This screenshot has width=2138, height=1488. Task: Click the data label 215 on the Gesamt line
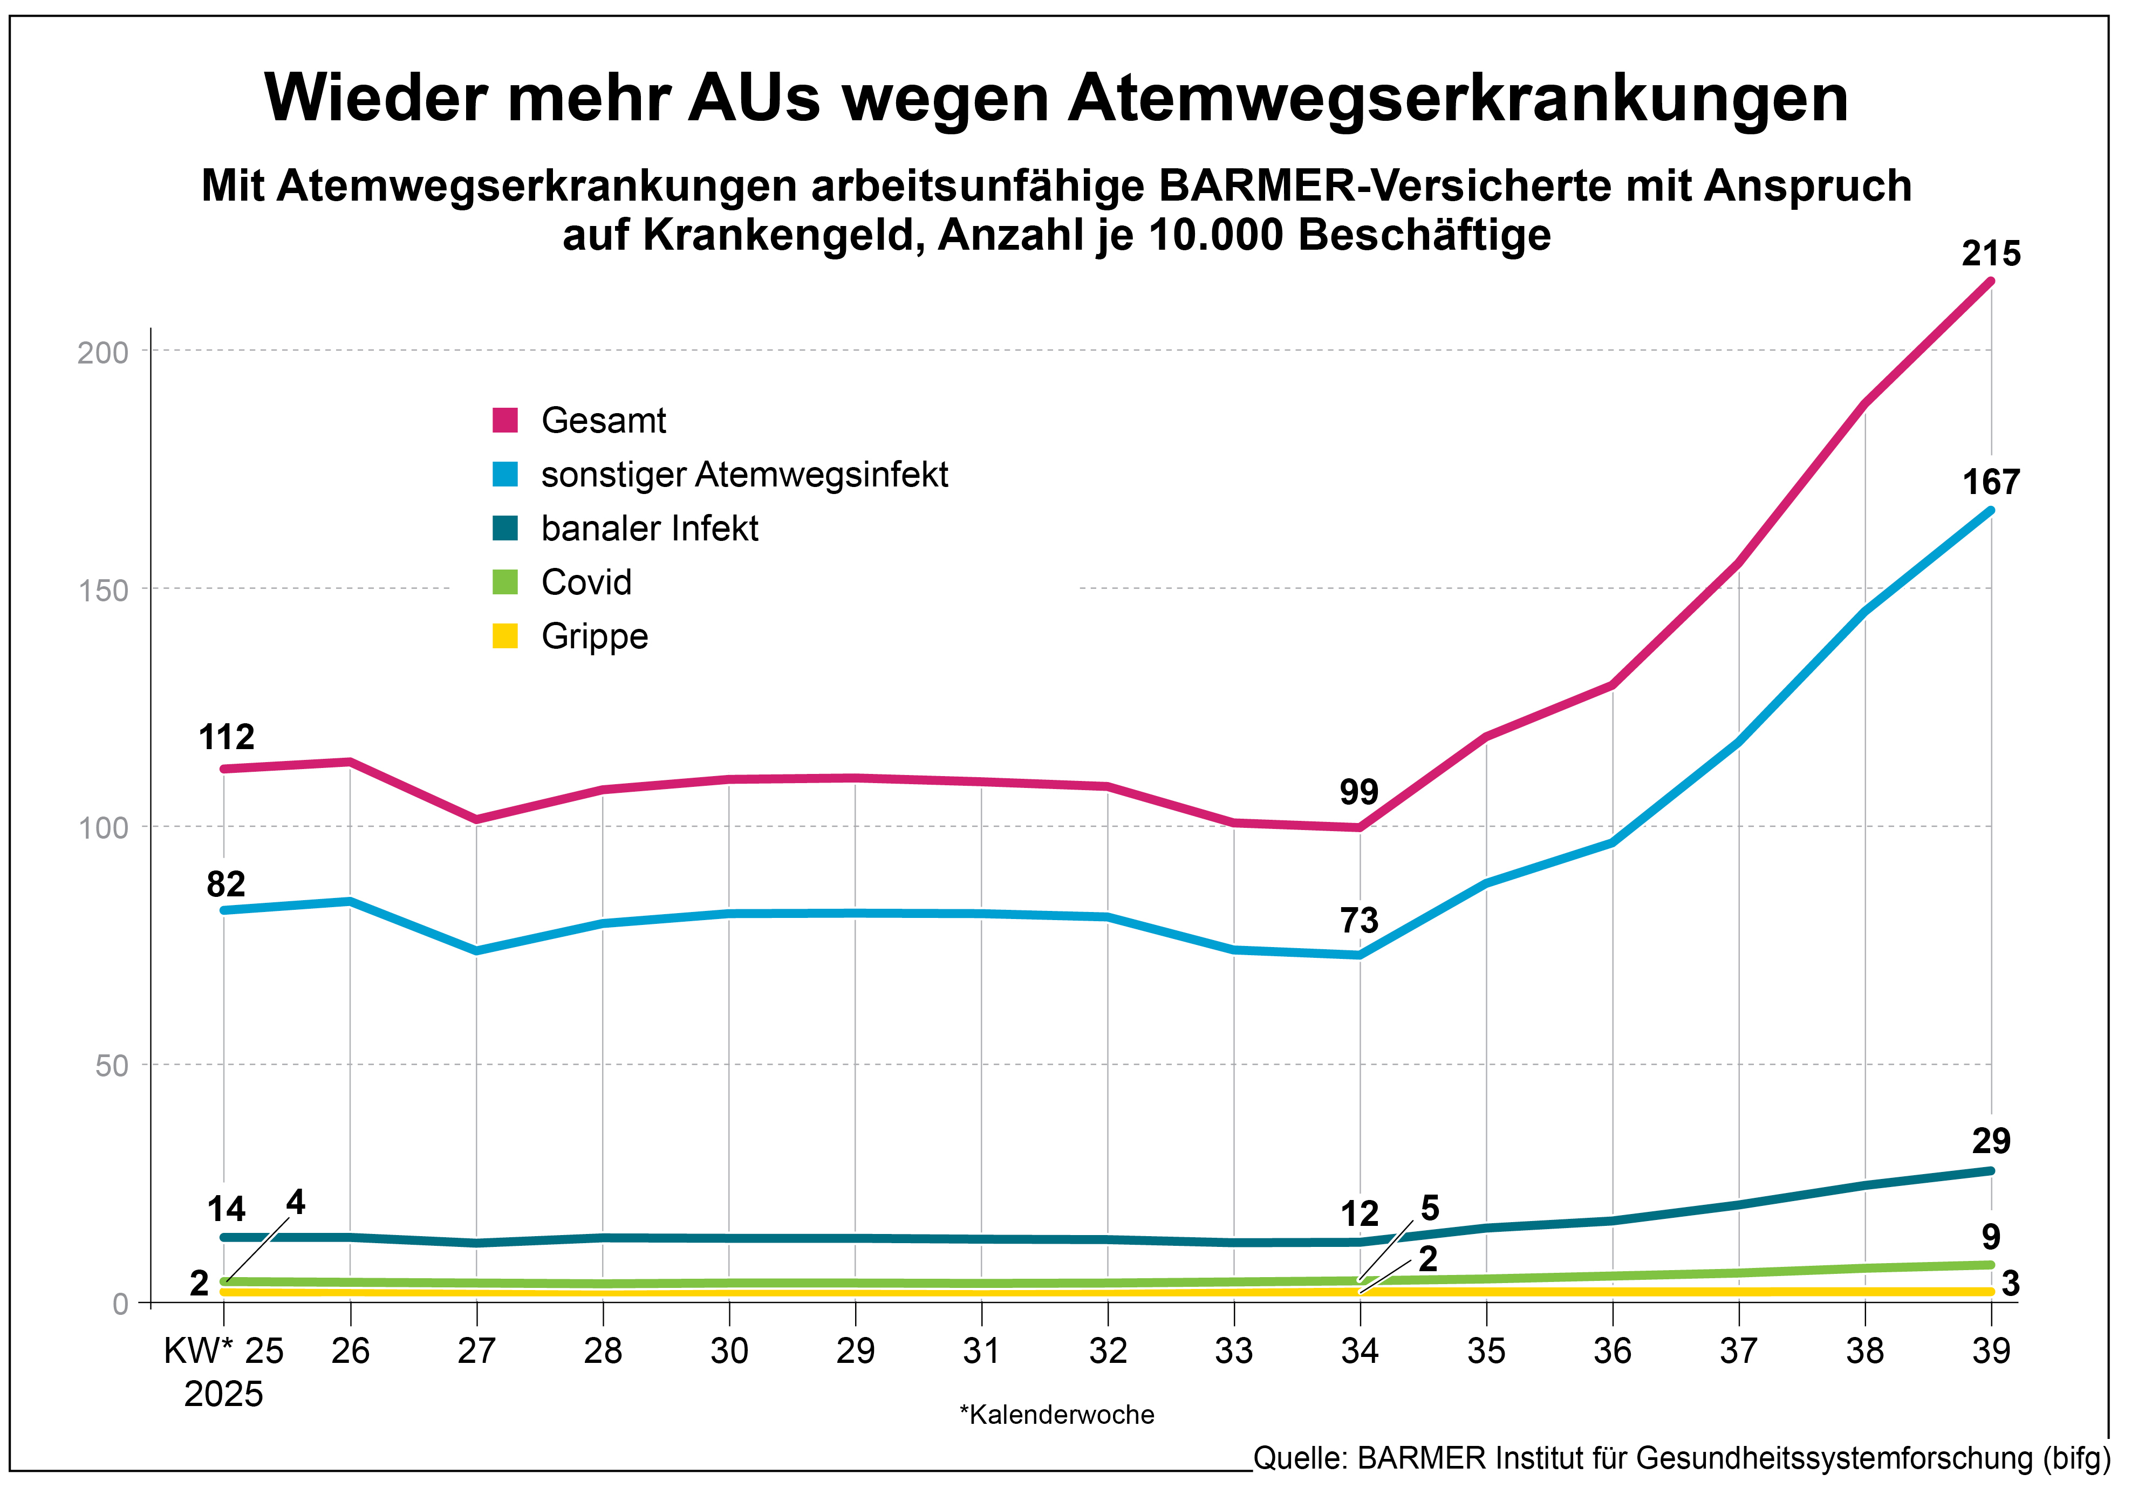[x=1991, y=254]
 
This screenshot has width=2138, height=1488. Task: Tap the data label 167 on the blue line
[x=1991, y=482]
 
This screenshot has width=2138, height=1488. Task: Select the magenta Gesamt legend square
[x=505, y=420]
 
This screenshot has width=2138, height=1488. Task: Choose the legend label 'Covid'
[x=586, y=583]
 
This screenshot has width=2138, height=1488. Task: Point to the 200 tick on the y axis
[x=103, y=352]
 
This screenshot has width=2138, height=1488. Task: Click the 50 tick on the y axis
[x=112, y=1065]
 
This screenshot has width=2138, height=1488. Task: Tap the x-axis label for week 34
[x=1360, y=1350]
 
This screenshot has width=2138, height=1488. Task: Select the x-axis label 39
[x=1991, y=1350]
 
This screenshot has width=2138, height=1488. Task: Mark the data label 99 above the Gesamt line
[x=1358, y=792]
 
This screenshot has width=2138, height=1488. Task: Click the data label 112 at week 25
[x=226, y=737]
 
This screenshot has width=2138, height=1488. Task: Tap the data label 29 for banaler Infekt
[x=1991, y=1141]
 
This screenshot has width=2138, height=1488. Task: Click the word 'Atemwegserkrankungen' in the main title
[x=1457, y=98]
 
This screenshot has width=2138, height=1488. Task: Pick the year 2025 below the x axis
[x=223, y=1394]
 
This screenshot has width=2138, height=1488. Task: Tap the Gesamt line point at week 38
[x=1865, y=403]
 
